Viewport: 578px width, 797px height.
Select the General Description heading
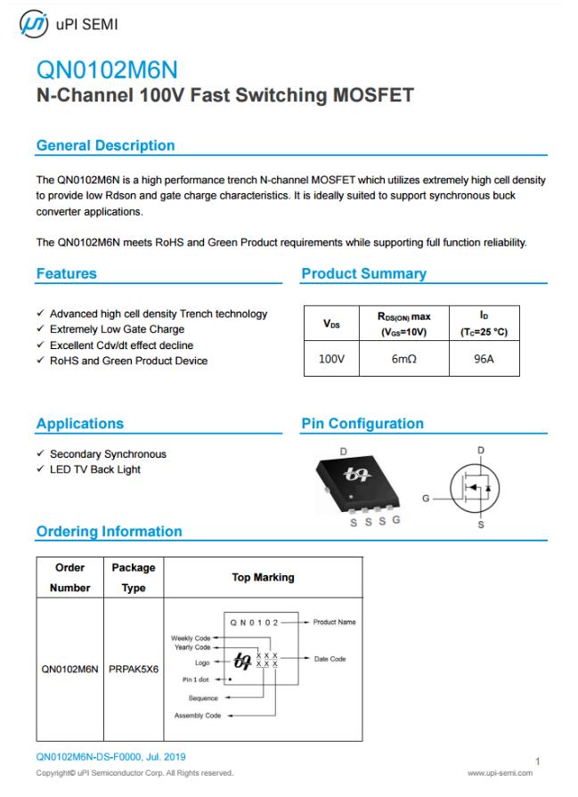105,145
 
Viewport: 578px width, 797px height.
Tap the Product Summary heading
363,274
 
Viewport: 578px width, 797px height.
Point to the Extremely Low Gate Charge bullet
117,329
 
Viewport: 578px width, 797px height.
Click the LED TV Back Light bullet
94,469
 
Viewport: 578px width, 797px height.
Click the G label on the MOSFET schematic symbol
426,499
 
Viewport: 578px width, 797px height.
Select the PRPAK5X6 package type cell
134,668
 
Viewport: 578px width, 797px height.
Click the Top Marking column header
263,577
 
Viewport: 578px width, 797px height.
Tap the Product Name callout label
334,622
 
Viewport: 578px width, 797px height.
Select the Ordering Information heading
109,532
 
